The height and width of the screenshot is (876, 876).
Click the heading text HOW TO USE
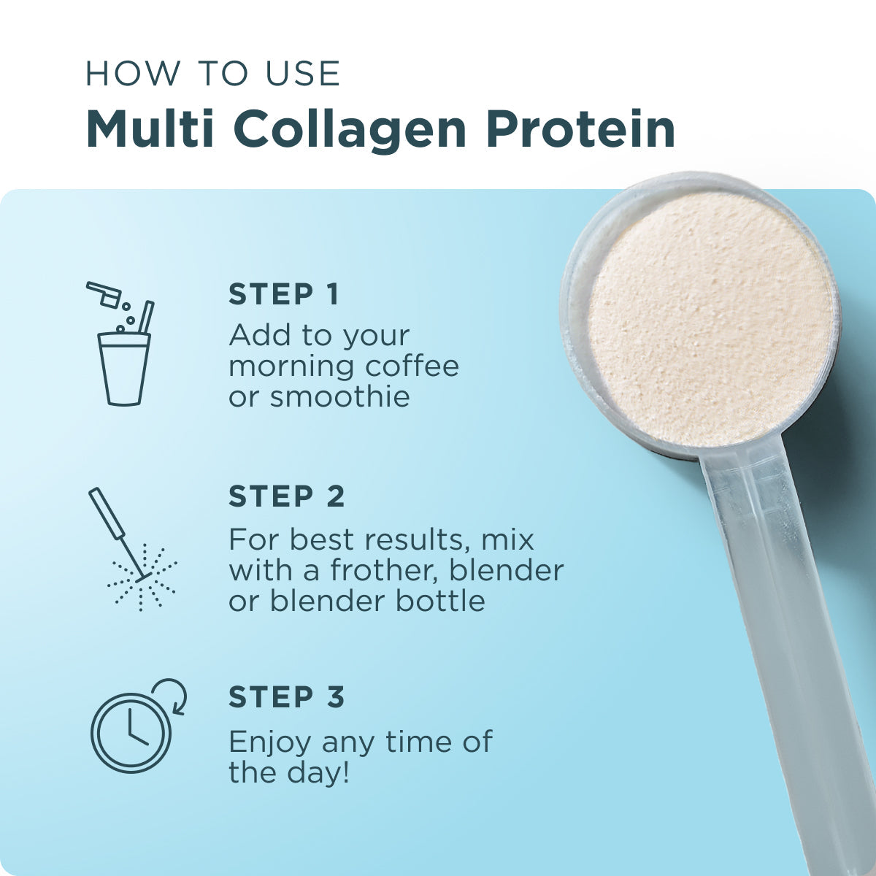pos(212,74)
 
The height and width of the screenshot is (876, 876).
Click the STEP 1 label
pos(284,294)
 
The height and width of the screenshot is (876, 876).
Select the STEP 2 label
pos(286,496)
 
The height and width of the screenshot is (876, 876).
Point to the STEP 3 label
pos(286,697)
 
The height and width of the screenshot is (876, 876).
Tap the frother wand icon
pos(131,547)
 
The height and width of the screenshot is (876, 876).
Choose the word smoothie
pos(339,397)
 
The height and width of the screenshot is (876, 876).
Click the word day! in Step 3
pos(318,772)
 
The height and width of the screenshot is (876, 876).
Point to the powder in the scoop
pos(708,321)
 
